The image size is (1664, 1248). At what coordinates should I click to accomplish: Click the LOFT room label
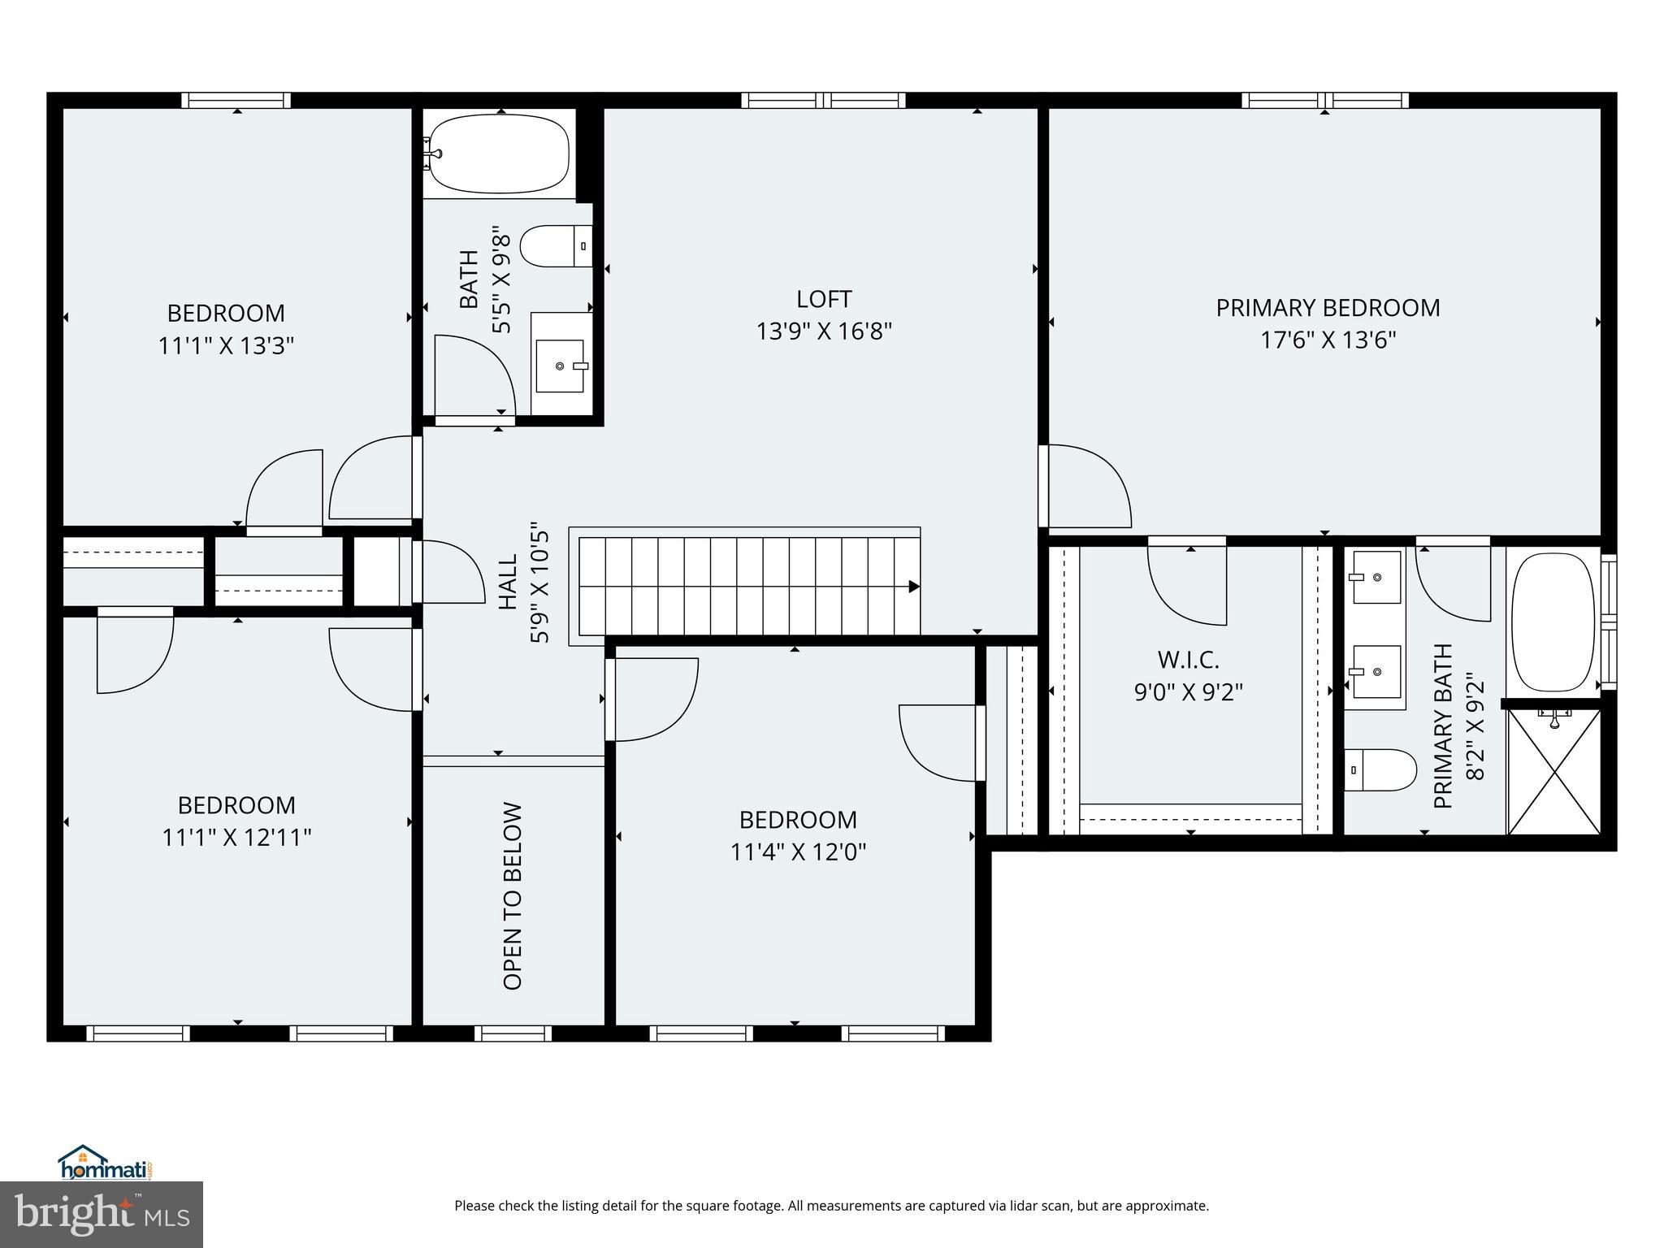(824, 299)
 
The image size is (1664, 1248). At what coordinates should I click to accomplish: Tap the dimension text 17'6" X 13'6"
(1328, 340)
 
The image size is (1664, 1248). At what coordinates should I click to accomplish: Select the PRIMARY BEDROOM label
(1328, 308)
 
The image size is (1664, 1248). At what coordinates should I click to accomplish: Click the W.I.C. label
(1188, 659)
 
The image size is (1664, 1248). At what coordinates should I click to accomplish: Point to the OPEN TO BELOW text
(513, 896)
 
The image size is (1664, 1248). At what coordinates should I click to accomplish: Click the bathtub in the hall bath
(498, 154)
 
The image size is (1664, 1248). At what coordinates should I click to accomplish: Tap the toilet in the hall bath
(556, 246)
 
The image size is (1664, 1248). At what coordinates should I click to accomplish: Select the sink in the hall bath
(561, 366)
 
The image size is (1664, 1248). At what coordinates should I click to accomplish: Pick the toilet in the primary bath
(1380, 769)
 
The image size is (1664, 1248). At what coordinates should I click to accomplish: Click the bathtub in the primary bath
(1553, 622)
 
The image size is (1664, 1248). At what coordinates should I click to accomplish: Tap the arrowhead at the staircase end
(914, 587)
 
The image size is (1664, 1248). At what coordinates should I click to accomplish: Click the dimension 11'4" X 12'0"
(798, 852)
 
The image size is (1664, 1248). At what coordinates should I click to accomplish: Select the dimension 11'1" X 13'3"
(226, 346)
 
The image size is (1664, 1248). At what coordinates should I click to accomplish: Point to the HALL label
(508, 582)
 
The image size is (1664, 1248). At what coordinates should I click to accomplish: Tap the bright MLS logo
(102, 1214)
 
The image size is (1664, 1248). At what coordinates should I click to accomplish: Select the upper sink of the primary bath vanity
(1376, 577)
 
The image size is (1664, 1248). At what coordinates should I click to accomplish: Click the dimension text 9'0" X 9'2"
(1188, 692)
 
